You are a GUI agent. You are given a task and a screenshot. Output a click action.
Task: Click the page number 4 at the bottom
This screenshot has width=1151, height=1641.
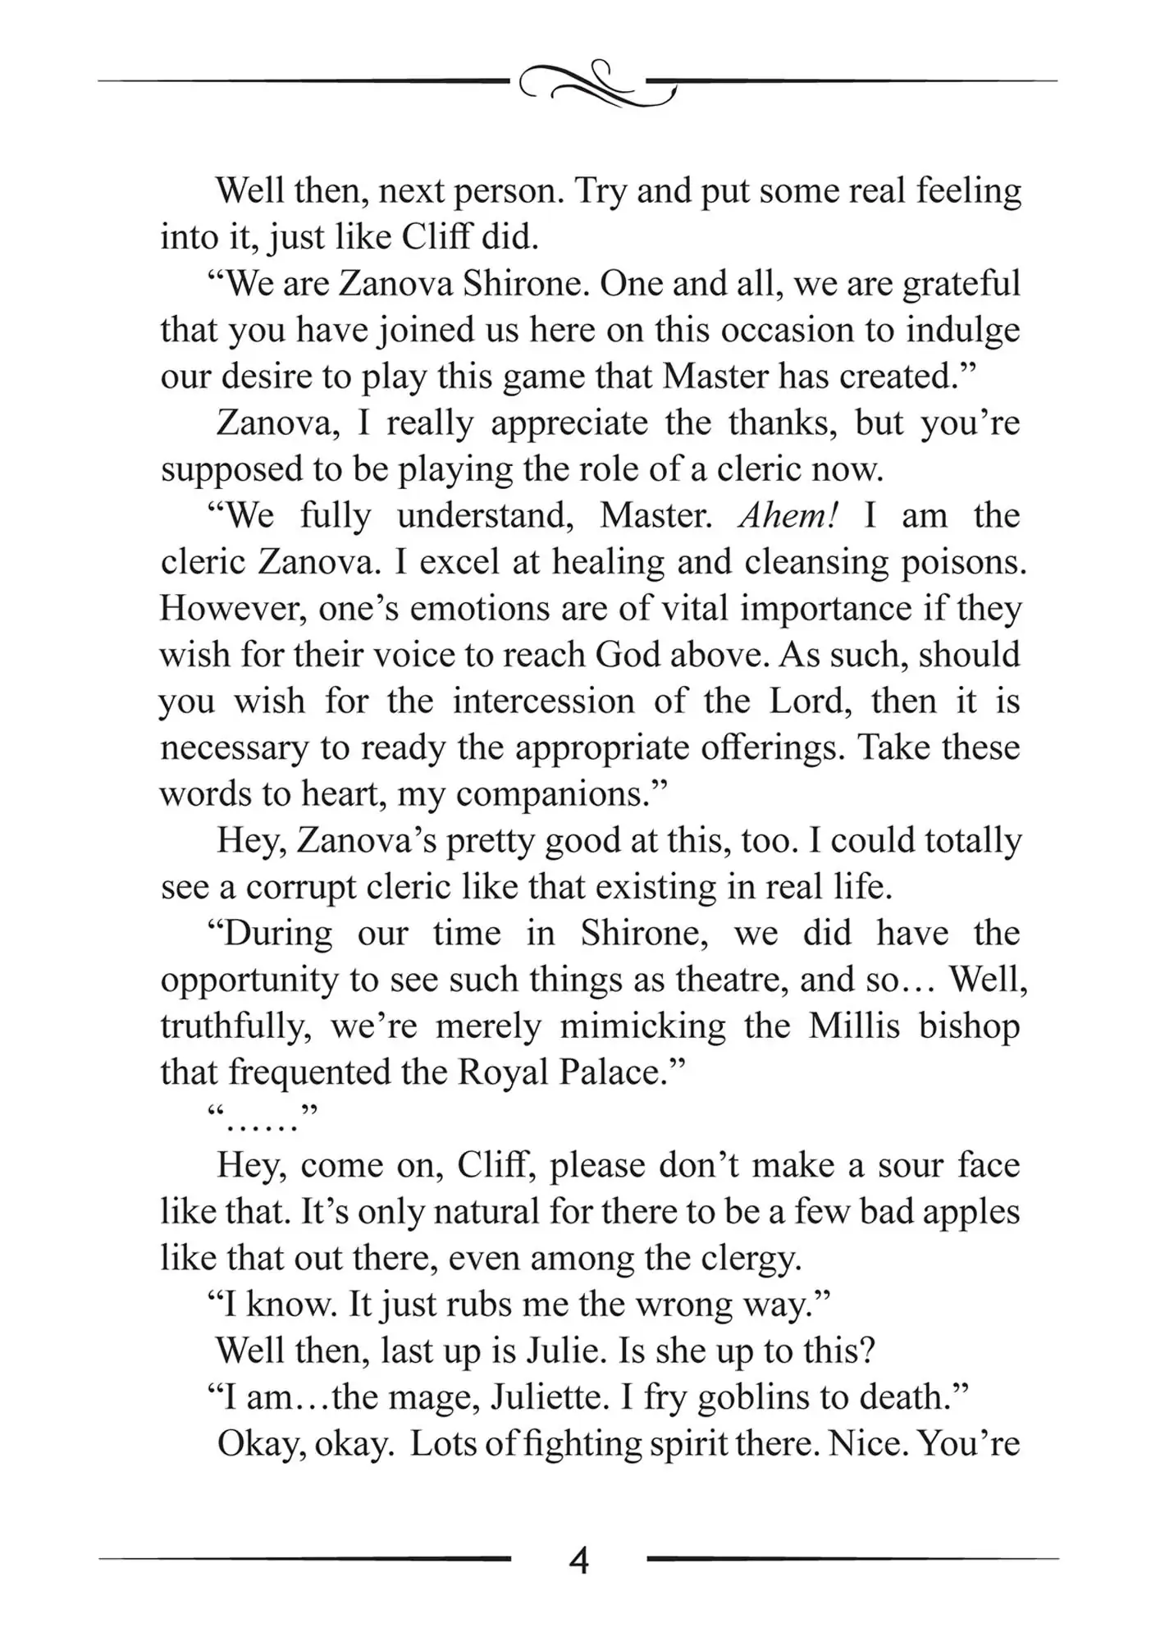[578, 1561]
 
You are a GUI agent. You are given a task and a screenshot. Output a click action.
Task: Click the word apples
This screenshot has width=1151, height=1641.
[971, 1212]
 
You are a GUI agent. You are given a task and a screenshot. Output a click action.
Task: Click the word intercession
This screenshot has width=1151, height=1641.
[543, 702]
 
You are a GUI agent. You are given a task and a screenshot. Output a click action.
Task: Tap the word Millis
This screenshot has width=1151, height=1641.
[854, 1026]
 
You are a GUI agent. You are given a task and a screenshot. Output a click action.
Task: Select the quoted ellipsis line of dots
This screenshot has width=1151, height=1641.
[263, 1119]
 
